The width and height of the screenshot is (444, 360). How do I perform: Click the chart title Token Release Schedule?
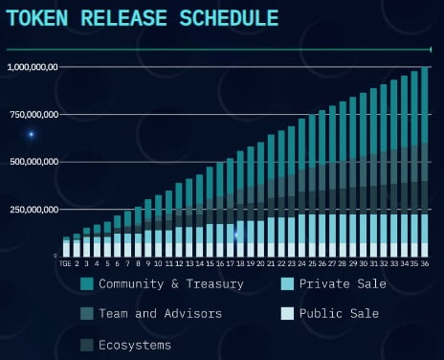tap(143, 18)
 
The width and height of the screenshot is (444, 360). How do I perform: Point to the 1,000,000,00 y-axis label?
tap(33, 67)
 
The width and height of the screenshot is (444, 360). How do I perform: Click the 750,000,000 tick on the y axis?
tap(33, 114)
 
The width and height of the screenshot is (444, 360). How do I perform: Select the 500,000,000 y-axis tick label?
tap(33, 162)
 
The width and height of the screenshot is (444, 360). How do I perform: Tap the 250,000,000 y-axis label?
tap(33, 209)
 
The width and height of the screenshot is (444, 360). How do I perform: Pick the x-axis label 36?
tap(424, 265)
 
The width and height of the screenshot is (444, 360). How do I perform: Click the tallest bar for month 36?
tap(424, 163)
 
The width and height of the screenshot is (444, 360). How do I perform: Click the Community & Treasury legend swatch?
tap(87, 283)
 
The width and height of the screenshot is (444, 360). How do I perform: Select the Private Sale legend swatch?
tap(287, 283)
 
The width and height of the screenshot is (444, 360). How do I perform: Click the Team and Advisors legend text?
tap(160, 313)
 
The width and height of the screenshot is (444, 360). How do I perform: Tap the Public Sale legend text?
tap(339, 313)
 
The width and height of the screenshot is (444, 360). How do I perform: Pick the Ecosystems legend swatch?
tap(87, 344)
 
